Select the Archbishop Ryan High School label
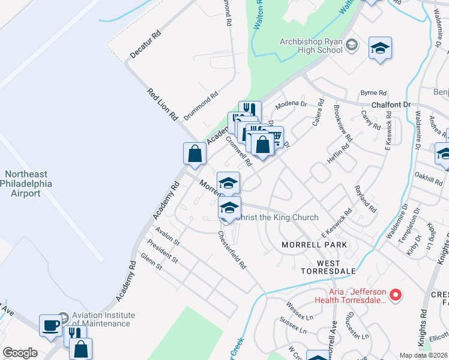point(311,46)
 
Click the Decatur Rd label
point(146,46)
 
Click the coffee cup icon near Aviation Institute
point(51,325)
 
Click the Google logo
point(20,353)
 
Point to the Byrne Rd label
point(373,93)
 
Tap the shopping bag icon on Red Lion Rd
point(194,153)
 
